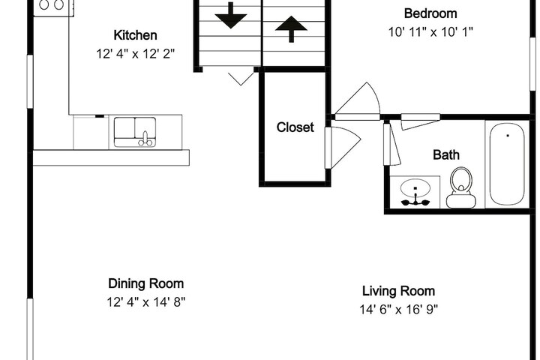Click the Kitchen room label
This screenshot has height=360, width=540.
(135, 35)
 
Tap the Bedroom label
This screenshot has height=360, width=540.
(430, 13)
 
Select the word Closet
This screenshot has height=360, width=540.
(295, 127)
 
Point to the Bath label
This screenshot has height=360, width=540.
(446, 154)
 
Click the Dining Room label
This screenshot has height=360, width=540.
(146, 283)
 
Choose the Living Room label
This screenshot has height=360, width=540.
(398, 291)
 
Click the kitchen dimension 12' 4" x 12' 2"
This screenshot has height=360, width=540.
(135, 54)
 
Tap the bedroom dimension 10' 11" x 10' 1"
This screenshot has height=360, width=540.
(430, 32)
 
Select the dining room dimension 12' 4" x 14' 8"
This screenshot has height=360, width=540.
(146, 302)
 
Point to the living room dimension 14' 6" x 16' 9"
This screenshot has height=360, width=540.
(398, 309)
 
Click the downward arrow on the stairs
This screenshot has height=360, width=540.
(231, 16)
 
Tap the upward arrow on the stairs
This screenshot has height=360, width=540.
(291, 28)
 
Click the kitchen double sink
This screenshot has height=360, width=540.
(135, 132)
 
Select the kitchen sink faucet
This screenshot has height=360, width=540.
(145, 139)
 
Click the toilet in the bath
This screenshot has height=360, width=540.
(461, 188)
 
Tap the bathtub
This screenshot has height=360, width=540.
(507, 164)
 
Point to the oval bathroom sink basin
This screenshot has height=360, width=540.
(415, 188)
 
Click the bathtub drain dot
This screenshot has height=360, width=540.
(508, 136)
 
